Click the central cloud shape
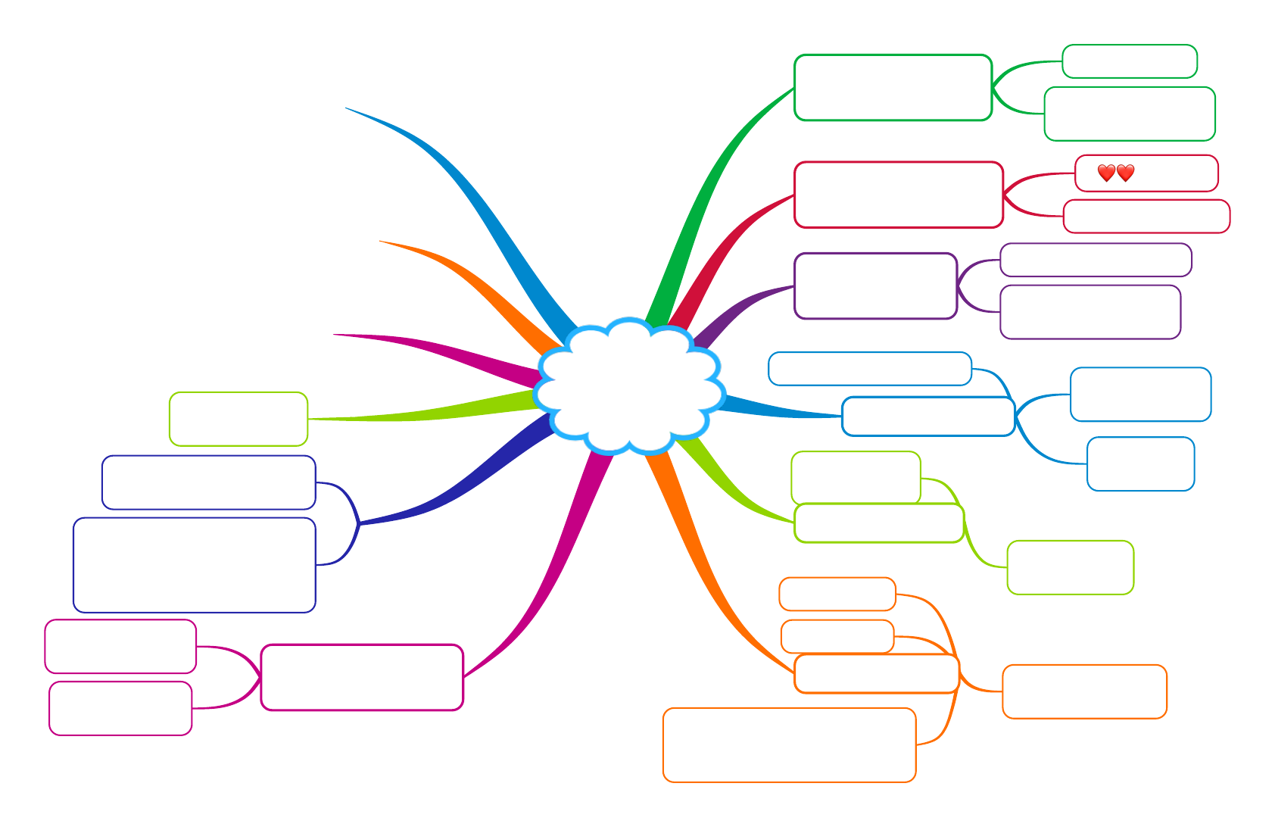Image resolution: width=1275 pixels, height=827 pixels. click(628, 386)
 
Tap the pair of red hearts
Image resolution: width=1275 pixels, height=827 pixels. click(1115, 173)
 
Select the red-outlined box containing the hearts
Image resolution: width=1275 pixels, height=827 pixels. click(1170, 173)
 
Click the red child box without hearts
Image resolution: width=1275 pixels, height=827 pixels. click(1146, 217)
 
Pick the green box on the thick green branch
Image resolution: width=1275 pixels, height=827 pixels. click(893, 88)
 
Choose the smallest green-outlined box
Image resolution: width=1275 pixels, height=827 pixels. click(1129, 61)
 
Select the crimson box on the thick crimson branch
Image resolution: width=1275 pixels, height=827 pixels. click(898, 195)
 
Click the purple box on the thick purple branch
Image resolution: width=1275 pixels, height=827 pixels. click(875, 286)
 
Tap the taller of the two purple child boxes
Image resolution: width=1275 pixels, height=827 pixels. click(1090, 312)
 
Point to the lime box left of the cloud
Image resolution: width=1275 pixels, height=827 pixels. click(238, 419)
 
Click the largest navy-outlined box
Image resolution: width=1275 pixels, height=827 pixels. click(194, 565)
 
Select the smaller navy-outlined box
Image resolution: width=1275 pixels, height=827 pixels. click(208, 482)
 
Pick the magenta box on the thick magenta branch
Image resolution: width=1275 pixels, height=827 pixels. click(361, 677)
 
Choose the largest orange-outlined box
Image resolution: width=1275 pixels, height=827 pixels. click(789, 745)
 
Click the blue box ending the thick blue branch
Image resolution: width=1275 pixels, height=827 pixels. click(927, 417)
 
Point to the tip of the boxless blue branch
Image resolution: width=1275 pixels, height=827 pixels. click(348, 108)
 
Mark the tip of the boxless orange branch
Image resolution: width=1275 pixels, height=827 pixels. click(381, 242)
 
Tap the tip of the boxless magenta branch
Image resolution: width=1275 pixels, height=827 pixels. click(335, 335)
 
